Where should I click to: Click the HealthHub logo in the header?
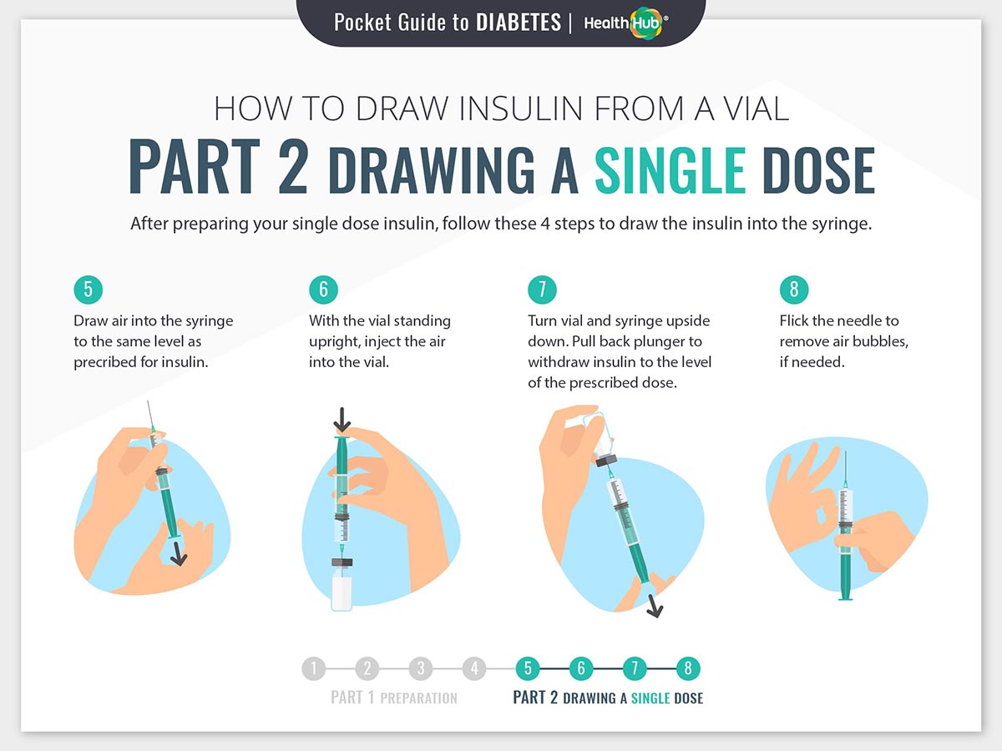626,23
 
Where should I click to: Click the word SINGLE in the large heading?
671,170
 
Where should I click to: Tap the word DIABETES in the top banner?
519,23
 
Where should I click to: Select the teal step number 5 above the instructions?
89,290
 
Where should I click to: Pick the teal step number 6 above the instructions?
324,290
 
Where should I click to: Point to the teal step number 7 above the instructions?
542,290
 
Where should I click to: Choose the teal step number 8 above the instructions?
794,290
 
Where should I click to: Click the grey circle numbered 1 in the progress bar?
314,668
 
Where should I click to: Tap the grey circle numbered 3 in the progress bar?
421,668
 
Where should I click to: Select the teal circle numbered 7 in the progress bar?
635,668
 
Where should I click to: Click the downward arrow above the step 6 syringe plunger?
342,420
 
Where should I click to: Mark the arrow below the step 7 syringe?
654,605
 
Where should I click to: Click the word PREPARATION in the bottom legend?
418,698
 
